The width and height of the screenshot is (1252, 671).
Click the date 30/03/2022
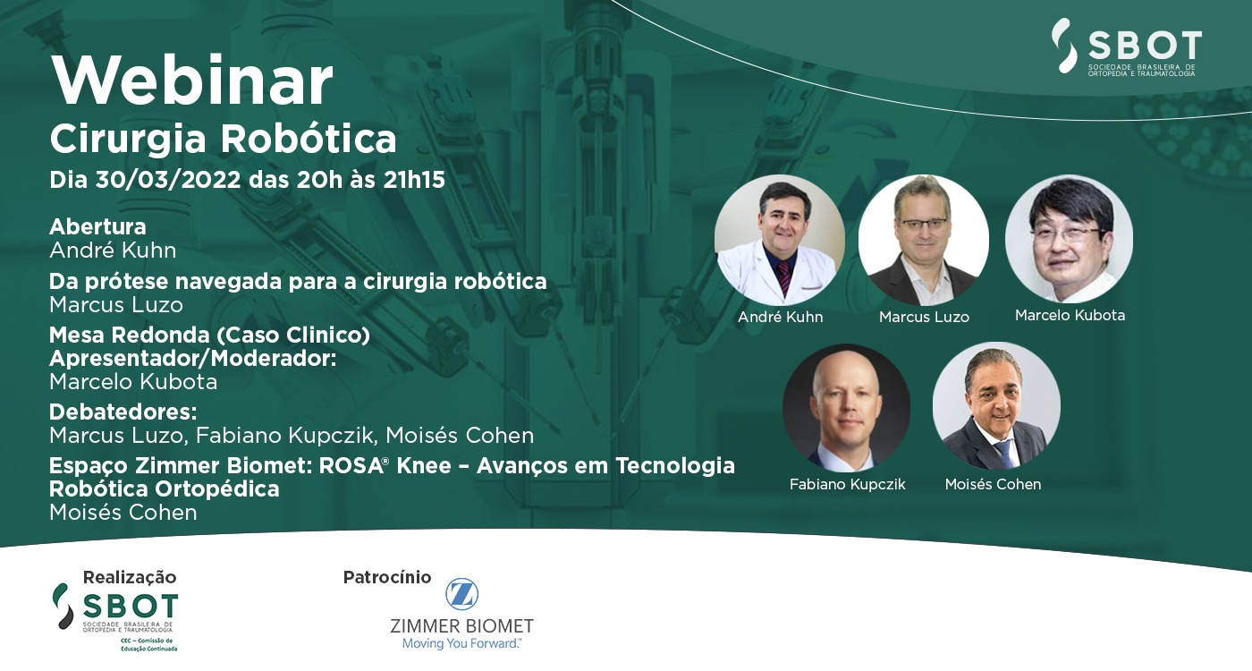point(168,180)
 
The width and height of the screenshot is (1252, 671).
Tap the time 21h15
point(414,180)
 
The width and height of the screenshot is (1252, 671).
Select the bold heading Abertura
point(97,226)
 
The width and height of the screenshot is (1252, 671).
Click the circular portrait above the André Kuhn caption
point(780,240)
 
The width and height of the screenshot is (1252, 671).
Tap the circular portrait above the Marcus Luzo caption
point(923,240)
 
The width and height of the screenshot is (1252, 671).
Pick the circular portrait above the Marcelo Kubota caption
point(1070,239)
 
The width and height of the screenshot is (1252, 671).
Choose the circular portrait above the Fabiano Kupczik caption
point(846,408)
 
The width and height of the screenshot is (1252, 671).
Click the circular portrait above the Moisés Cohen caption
point(996,406)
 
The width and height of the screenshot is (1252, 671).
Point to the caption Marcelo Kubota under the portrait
point(1070,315)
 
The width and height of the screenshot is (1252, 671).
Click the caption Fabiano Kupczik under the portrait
point(848,484)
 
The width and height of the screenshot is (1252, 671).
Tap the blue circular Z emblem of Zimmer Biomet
point(461,594)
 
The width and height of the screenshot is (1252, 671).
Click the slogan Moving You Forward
point(461,643)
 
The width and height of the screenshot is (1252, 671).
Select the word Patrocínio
point(387,577)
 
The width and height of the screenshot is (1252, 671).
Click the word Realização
point(130,577)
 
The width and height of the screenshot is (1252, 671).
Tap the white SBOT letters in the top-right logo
point(1145,46)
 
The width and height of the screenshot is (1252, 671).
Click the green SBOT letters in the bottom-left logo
point(131,607)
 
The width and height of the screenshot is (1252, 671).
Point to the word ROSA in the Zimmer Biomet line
point(351,466)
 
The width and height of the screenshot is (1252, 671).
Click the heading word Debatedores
point(123,412)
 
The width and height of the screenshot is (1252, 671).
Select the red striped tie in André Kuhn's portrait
point(783,276)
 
